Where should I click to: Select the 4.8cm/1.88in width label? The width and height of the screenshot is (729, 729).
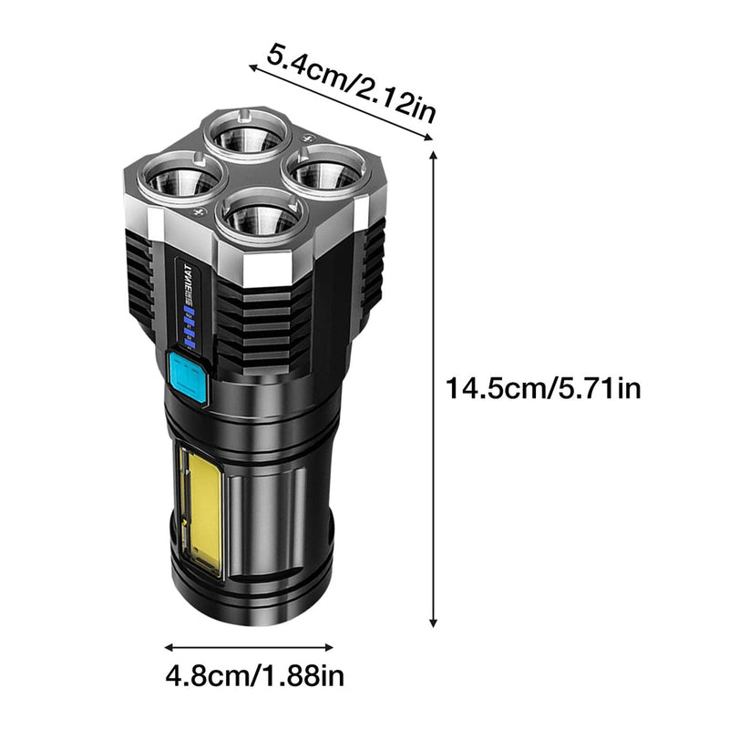256,676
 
